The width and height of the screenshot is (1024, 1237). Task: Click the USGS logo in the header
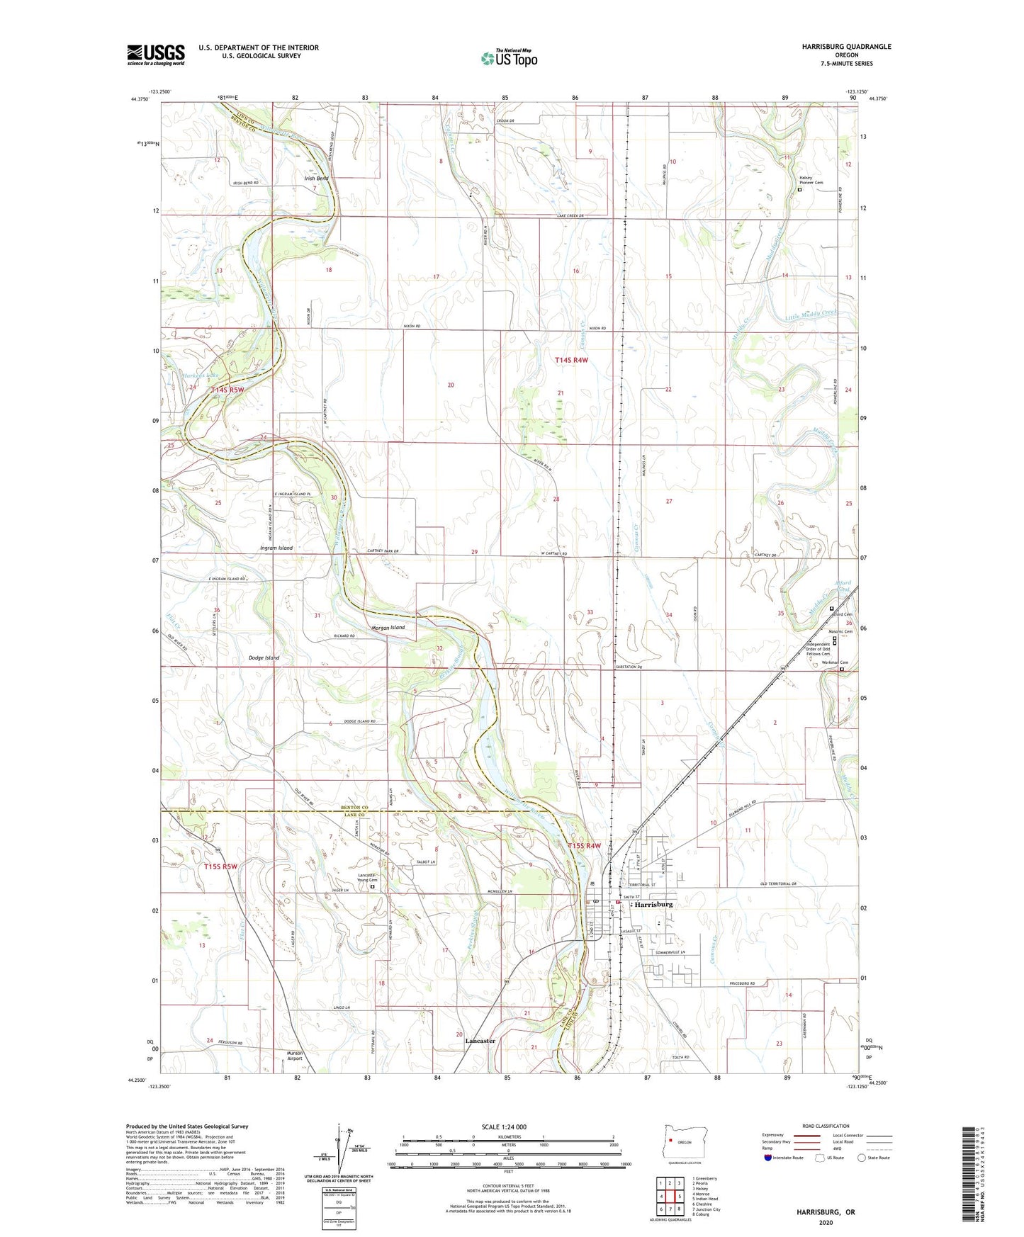coord(156,55)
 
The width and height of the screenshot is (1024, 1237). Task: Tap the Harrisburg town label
coord(653,905)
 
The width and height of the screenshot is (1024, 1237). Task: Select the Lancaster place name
coord(480,1041)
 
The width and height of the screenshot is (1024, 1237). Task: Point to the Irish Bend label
coord(316,179)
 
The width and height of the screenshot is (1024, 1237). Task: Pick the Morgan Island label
coord(388,628)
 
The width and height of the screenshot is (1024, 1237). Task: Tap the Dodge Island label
coord(264,657)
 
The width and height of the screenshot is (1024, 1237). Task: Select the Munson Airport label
coord(294,1056)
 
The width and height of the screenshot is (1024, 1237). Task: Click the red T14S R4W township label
coord(571,361)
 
